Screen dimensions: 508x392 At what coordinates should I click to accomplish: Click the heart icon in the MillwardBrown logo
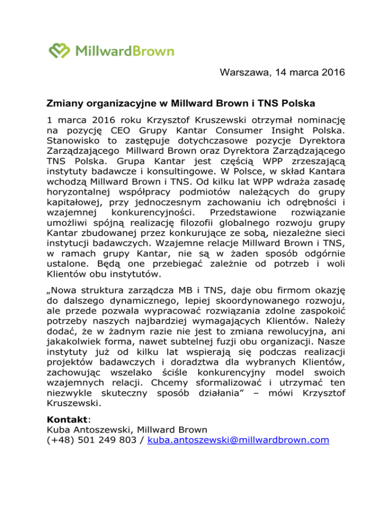point(60,51)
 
